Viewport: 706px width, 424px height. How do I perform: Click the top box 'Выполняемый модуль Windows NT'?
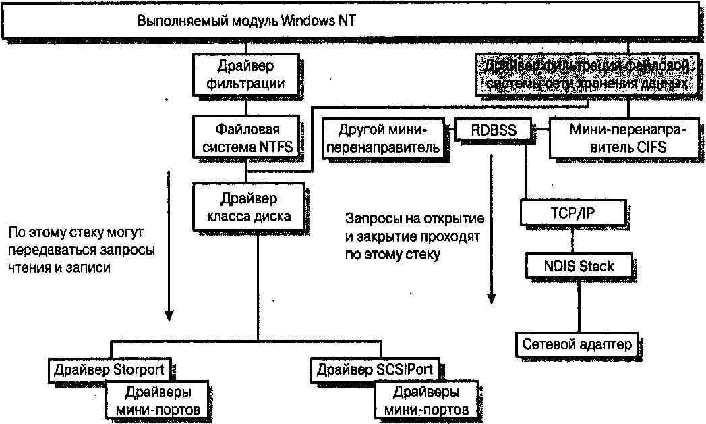click(x=351, y=20)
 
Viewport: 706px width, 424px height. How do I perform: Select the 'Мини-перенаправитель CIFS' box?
click(x=617, y=137)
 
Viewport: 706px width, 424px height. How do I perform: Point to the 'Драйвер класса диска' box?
click(x=246, y=207)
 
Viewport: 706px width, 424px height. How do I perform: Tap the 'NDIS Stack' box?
click(x=580, y=265)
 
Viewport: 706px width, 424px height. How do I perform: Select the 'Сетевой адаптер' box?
click(x=577, y=344)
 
